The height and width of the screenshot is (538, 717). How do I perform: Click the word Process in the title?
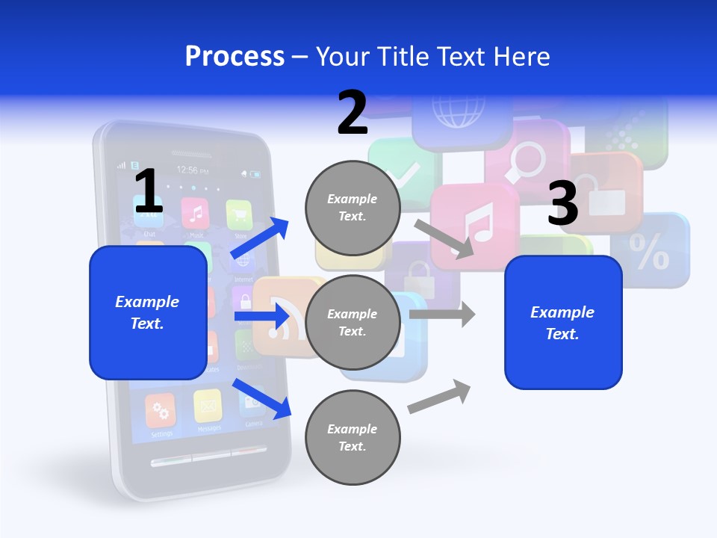click(x=235, y=56)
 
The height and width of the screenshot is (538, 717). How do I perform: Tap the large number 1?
click(x=148, y=192)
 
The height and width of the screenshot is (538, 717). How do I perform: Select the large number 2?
click(x=353, y=113)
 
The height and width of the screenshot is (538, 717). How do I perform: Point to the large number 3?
click(x=563, y=204)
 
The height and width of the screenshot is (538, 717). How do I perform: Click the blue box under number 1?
click(x=148, y=312)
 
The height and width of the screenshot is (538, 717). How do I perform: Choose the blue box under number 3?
click(x=563, y=322)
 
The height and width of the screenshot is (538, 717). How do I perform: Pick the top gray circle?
click(x=353, y=207)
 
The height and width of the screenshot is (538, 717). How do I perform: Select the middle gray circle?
click(x=353, y=322)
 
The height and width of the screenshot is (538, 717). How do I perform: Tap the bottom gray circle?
click(x=353, y=437)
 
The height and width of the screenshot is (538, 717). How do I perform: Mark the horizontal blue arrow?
click(x=261, y=317)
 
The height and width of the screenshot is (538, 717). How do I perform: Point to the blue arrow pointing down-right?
click(x=261, y=398)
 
